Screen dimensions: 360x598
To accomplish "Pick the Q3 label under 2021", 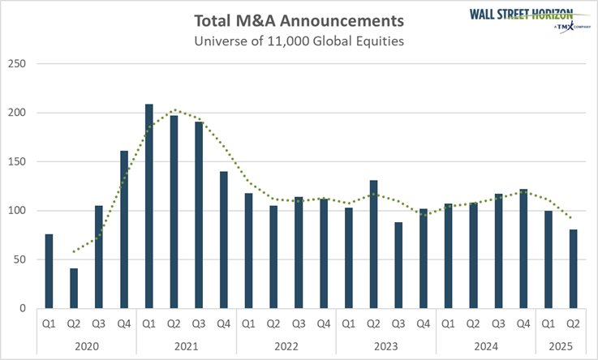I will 199,324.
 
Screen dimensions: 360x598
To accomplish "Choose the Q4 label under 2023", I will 423,324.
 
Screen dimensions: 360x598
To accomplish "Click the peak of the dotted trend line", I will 174,110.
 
